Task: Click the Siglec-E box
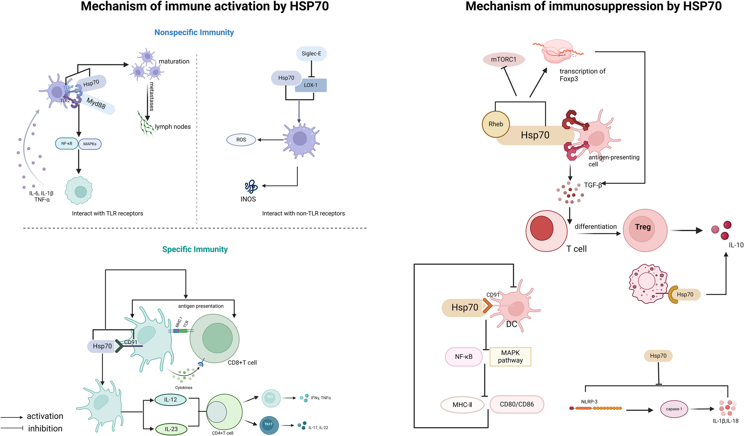coord(311,54)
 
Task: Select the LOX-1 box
coord(311,85)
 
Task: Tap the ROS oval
coord(241,140)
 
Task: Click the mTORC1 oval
coord(504,59)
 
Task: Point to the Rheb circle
coord(496,124)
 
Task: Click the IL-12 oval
coord(171,400)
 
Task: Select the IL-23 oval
coord(171,429)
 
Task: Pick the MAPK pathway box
coord(510,357)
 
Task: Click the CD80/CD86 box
coord(517,404)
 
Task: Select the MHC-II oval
coord(462,405)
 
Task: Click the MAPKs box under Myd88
coord(90,144)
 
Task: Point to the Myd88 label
coord(96,103)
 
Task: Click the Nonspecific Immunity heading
coord(194,32)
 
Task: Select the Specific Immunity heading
coord(195,249)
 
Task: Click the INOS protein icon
coord(251,186)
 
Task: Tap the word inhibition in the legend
coord(45,429)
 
